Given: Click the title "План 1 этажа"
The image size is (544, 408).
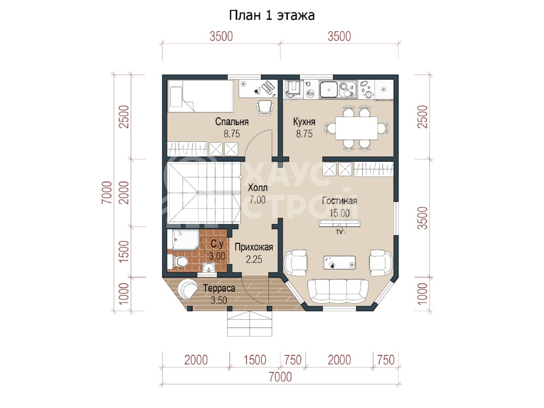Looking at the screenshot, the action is point(272,15).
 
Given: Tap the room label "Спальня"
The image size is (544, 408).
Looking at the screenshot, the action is point(232,122).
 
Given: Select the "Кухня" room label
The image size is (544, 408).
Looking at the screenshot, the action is point(304,122).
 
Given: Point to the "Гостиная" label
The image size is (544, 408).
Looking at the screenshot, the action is point(340,201).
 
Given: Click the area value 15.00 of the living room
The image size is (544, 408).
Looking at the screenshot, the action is point(340,213).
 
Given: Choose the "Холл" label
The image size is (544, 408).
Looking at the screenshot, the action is point(258,188).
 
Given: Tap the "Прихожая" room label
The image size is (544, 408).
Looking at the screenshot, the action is point(254,247).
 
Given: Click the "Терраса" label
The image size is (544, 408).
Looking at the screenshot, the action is point(219,288).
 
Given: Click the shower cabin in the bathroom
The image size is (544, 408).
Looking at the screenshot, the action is point(183,240).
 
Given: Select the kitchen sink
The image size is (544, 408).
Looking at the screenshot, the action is point(329,89).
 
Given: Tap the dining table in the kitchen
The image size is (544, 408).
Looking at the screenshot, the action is point(357,128).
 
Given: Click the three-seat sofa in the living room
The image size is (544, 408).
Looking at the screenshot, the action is point(338,292).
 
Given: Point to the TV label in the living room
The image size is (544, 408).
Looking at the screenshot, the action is point(339,232).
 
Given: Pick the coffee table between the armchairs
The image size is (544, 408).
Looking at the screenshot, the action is point(340,263).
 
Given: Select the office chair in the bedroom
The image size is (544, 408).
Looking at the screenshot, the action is point(264,108).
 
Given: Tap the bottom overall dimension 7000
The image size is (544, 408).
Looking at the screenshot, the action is point(280,377).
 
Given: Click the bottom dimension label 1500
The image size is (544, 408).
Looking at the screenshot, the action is point(255,360).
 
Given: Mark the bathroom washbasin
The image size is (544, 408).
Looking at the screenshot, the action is point(210,268).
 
